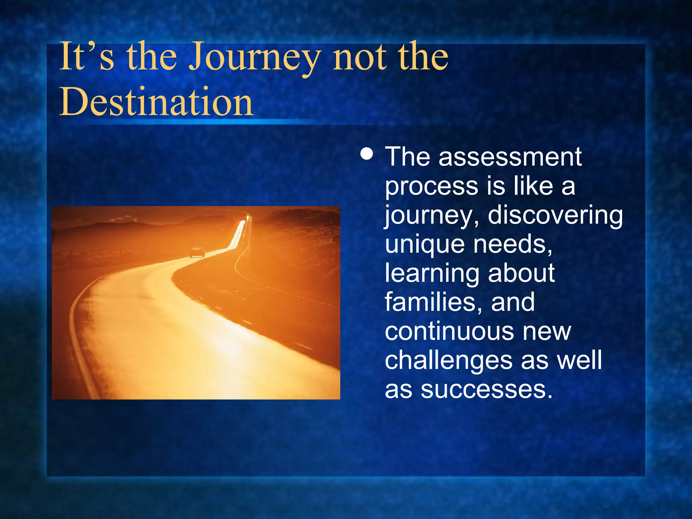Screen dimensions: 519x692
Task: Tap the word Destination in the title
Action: tap(156, 101)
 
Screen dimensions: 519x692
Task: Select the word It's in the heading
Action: tap(86, 56)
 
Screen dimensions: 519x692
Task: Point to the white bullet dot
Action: tap(367, 154)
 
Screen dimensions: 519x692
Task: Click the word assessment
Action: tap(510, 157)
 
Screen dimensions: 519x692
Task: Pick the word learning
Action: tap(432, 273)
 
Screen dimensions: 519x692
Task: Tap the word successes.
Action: tap(487, 389)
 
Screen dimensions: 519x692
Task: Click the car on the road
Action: tap(197, 252)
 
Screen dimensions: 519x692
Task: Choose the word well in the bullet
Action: tap(579, 360)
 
